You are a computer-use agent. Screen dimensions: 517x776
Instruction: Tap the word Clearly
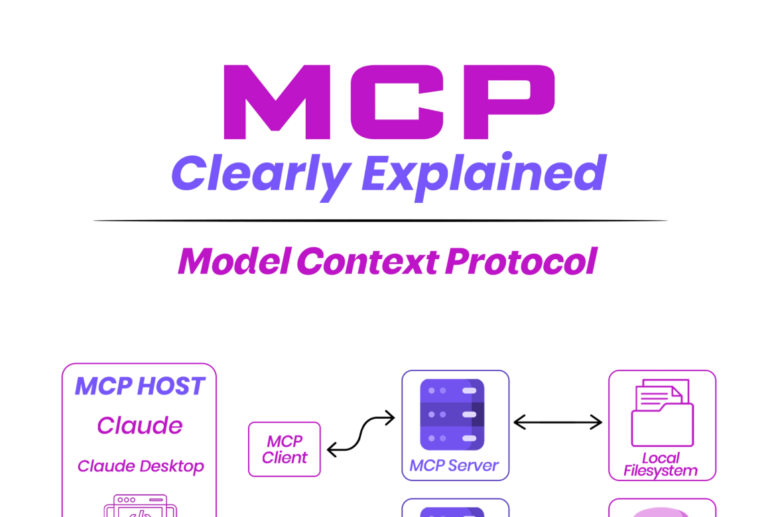point(259,174)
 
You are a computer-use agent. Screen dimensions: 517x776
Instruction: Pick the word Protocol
point(521,261)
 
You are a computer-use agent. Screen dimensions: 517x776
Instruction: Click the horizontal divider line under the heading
point(380,220)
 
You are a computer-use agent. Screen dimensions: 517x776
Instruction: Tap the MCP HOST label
point(140,386)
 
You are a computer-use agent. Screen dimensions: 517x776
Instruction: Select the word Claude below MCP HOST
point(140,425)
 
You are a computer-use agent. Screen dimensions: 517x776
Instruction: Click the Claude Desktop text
point(141,466)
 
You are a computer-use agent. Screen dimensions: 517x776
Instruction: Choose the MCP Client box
point(285,449)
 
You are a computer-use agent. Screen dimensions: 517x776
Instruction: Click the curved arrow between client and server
point(361,434)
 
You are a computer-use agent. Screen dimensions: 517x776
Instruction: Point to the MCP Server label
point(454,465)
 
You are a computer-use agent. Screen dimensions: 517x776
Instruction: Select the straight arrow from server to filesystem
point(558,422)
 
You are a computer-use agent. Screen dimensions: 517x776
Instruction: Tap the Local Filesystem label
point(661,465)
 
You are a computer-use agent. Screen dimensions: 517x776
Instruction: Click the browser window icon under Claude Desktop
point(140,507)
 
